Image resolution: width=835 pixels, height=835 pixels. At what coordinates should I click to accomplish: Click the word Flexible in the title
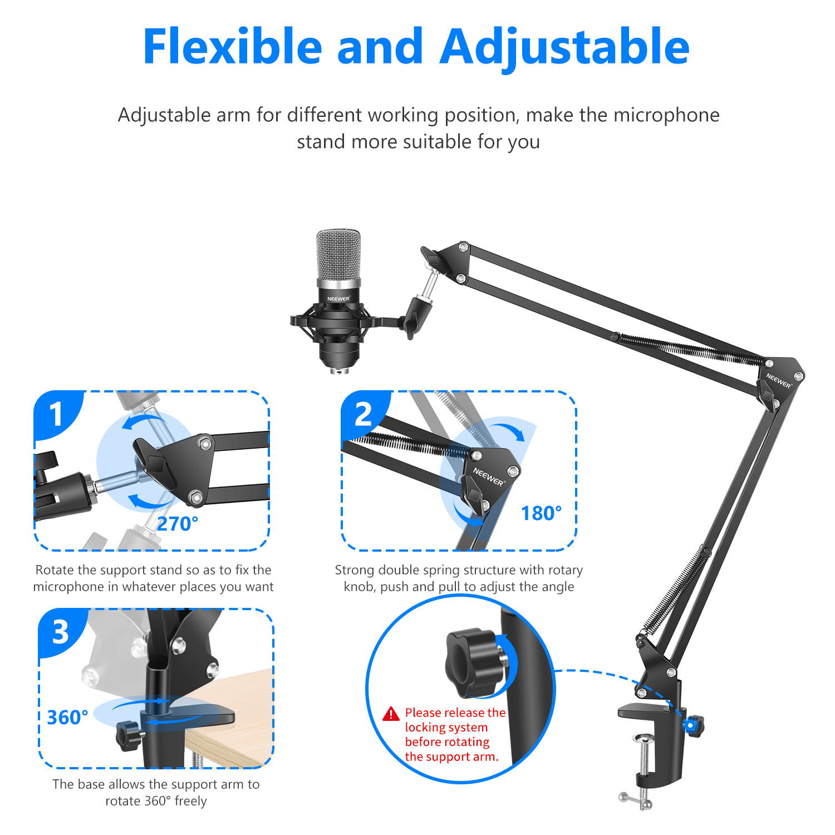tap(232, 47)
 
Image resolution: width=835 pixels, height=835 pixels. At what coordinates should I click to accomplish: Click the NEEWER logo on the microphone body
tap(338, 299)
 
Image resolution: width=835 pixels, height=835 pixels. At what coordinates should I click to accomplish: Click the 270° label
tap(177, 524)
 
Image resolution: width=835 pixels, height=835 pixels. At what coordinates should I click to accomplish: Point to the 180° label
tap(541, 513)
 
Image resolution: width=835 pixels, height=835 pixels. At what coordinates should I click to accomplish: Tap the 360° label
tap(67, 718)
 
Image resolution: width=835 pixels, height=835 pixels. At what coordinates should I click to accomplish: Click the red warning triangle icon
tap(391, 714)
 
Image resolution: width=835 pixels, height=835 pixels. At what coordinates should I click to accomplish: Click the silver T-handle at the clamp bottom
tap(636, 800)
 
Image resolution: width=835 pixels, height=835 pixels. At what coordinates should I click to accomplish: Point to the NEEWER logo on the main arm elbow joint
tap(778, 381)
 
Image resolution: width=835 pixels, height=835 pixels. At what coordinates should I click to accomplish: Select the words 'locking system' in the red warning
tap(446, 728)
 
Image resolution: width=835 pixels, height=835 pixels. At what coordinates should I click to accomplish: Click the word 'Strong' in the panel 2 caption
tap(354, 570)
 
